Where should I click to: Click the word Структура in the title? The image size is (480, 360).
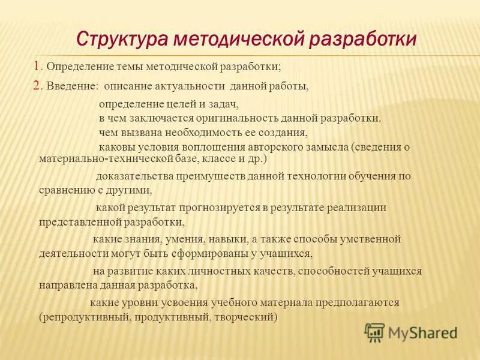click(121, 40)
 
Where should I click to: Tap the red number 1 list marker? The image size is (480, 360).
click(37, 65)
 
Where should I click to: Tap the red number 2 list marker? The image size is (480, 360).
click(37, 86)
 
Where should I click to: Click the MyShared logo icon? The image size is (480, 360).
click(375, 332)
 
